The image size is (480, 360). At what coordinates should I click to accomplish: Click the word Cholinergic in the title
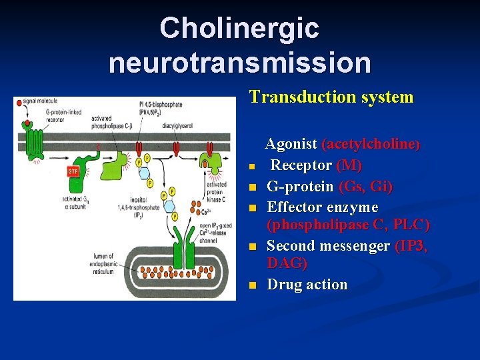(x=239, y=29)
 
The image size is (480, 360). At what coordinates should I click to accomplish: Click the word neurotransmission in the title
(x=239, y=63)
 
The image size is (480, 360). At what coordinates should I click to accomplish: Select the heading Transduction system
(x=331, y=97)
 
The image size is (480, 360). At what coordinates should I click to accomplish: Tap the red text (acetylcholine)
(x=371, y=144)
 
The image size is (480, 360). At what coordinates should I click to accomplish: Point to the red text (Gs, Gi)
(x=365, y=187)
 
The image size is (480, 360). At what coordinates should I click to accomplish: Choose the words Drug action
(x=307, y=285)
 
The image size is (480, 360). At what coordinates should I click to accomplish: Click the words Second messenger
(x=328, y=246)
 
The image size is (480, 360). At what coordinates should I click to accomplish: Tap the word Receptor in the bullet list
(x=301, y=165)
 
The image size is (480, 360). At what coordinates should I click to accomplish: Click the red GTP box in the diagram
(x=73, y=171)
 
